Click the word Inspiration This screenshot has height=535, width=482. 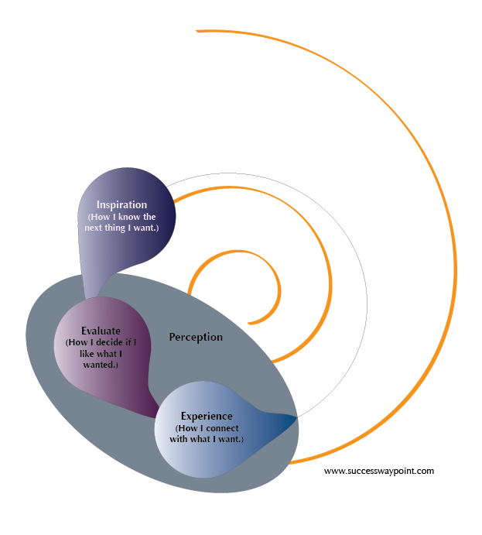click(x=121, y=205)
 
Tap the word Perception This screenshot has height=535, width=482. click(x=196, y=337)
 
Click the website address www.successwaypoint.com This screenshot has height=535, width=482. click(x=379, y=470)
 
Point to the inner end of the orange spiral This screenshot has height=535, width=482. click(x=248, y=322)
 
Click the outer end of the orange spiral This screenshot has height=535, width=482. click(x=198, y=31)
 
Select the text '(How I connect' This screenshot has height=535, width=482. click(x=208, y=428)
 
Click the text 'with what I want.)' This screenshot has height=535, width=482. click(x=208, y=439)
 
